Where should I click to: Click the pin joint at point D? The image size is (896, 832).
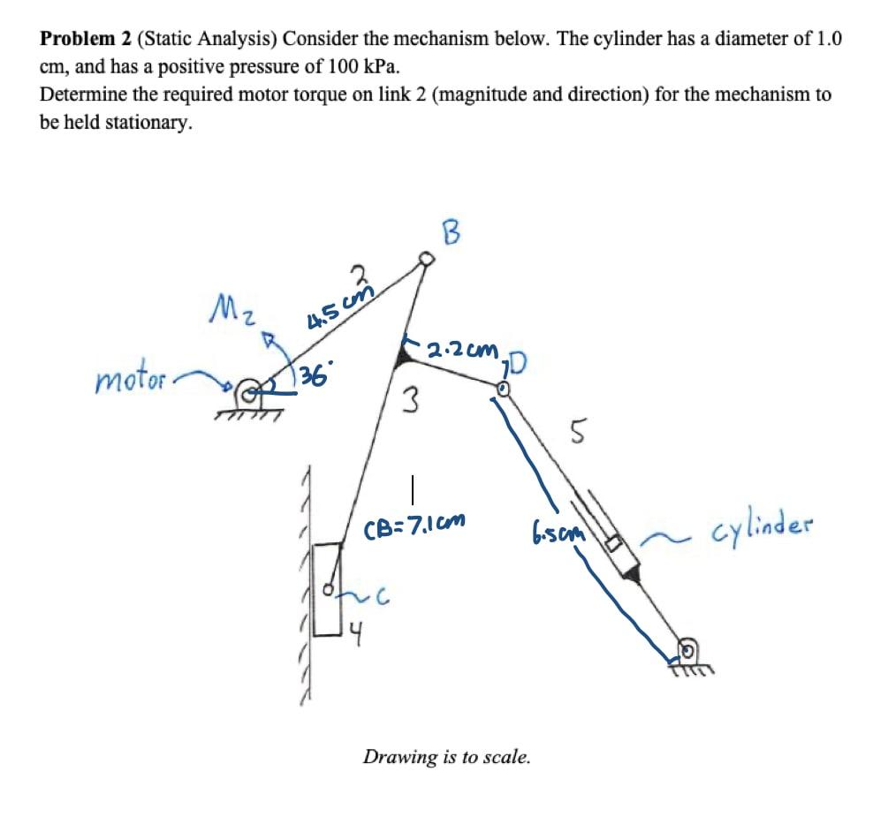pyautogui.click(x=502, y=386)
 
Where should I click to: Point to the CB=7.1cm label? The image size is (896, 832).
pyautogui.click(x=414, y=531)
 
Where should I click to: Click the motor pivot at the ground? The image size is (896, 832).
pyautogui.click(x=249, y=387)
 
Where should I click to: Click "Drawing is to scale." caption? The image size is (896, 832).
pyautogui.click(x=447, y=757)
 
